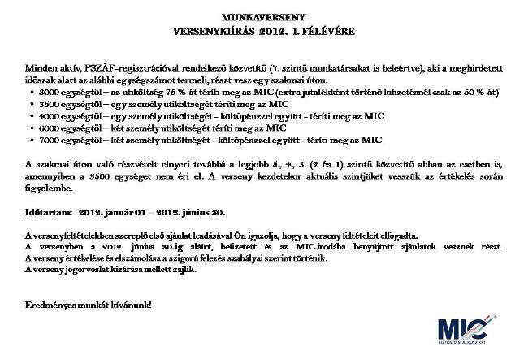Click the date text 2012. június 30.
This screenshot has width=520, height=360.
pos(190,211)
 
